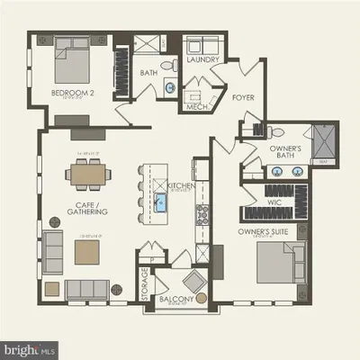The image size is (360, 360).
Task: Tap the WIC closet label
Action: [275, 203]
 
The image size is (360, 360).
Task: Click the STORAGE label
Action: [144, 284]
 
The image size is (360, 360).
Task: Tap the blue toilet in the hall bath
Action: [167, 86]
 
